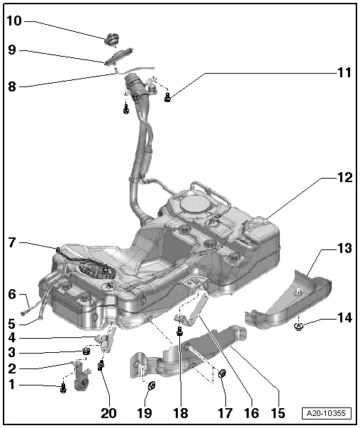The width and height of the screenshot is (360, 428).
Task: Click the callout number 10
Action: tap(14, 21)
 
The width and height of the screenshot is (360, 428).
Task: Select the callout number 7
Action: tap(11, 242)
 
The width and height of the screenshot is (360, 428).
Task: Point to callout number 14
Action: tap(344, 318)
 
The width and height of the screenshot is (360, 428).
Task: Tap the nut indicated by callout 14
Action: tap(299, 326)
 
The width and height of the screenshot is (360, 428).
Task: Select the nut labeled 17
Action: tap(222, 373)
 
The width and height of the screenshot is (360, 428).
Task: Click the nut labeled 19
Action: tap(152, 386)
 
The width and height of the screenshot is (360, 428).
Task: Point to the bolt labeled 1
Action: tap(64, 387)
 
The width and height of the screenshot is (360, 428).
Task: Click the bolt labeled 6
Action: tap(26, 307)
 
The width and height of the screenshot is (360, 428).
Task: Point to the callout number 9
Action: tap(11, 50)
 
